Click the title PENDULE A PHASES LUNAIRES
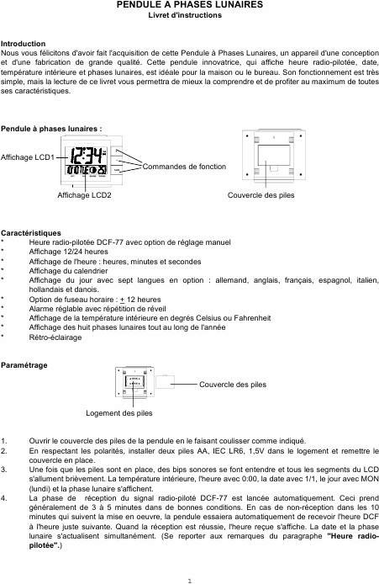point(190,5)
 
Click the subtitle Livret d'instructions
point(185,15)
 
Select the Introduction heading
point(23,44)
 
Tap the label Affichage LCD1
point(28,157)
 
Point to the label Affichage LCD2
point(84,194)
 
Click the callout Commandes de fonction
point(184,167)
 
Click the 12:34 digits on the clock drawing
point(85,156)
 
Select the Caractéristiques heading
point(31,233)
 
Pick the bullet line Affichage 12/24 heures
point(68,252)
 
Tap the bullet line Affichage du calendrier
point(68,271)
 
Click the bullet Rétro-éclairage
point(55,337)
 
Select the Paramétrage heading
point(24,365)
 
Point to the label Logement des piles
point(119,413)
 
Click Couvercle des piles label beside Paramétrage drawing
point(233,385)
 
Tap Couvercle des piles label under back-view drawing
point(261,194)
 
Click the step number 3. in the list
point(3,470)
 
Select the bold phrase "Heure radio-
point(353,536)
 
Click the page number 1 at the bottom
point(190,581)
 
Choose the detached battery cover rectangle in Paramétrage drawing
point(166,382)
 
